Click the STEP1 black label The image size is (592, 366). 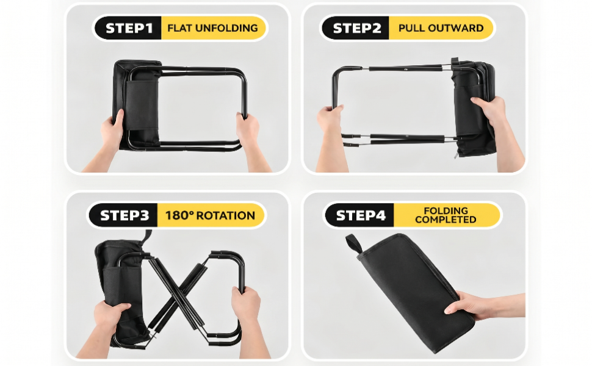pos(128,28)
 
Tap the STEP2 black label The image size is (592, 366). pos(356,28)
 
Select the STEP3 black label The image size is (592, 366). pos(123,215)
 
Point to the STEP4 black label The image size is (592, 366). pos(360,215)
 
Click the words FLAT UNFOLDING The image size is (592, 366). pos(212,28)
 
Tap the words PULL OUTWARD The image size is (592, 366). pos(441,28)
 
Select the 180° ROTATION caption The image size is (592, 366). pos(211,215)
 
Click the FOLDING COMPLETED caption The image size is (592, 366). pos(446,215)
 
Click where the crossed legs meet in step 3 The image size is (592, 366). pos(178,292)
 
